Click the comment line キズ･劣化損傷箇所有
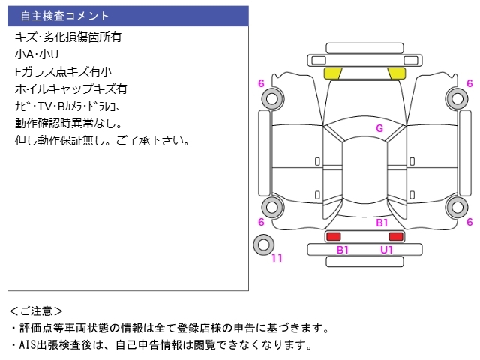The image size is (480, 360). click(68, 36)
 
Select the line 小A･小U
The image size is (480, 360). click(36, 54)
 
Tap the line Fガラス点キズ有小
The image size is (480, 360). click(63, 71)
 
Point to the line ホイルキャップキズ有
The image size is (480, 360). click(70, 88)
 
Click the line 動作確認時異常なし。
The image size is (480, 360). click(68, 123)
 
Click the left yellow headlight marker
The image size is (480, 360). click(333, 73)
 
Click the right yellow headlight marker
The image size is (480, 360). click(397, 73)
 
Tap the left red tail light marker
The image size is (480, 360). click(332, 236)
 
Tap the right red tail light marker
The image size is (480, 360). click(396, 236)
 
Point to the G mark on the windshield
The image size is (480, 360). click(379, 128)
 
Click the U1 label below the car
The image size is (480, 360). click(386, 250)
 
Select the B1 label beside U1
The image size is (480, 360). click(343, 250)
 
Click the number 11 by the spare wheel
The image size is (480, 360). click(277, 259)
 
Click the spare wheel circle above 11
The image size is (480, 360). click(263, 244)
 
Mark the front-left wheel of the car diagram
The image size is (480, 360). click(271, 97)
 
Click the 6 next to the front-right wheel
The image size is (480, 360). click(469, 83)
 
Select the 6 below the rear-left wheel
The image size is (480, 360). click(261, 222)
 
